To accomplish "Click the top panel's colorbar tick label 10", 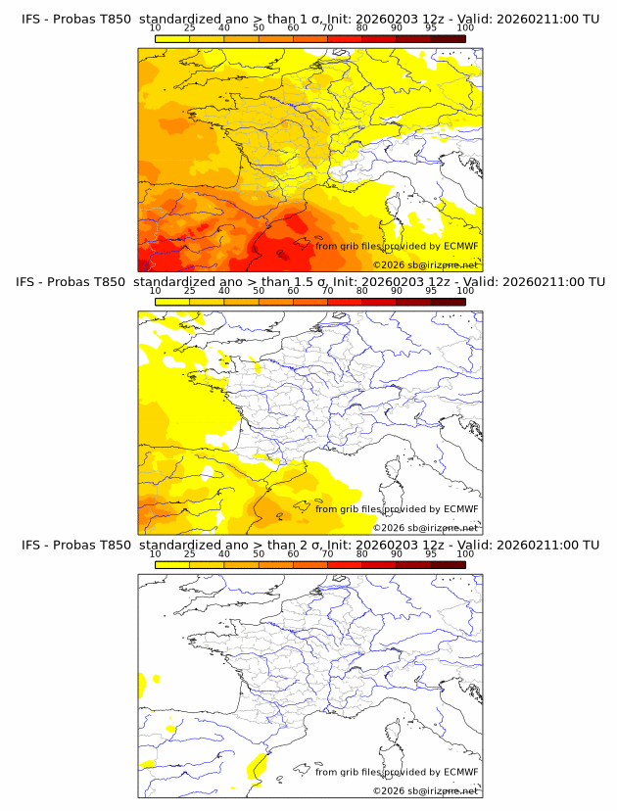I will [155, 28].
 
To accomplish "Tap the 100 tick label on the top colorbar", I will [465, 28].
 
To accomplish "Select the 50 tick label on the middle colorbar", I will [259, 291].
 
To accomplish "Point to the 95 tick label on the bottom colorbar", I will [431, 554].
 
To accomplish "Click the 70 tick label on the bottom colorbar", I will [327, 554].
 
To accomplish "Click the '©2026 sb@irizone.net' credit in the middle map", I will [425, 528].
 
